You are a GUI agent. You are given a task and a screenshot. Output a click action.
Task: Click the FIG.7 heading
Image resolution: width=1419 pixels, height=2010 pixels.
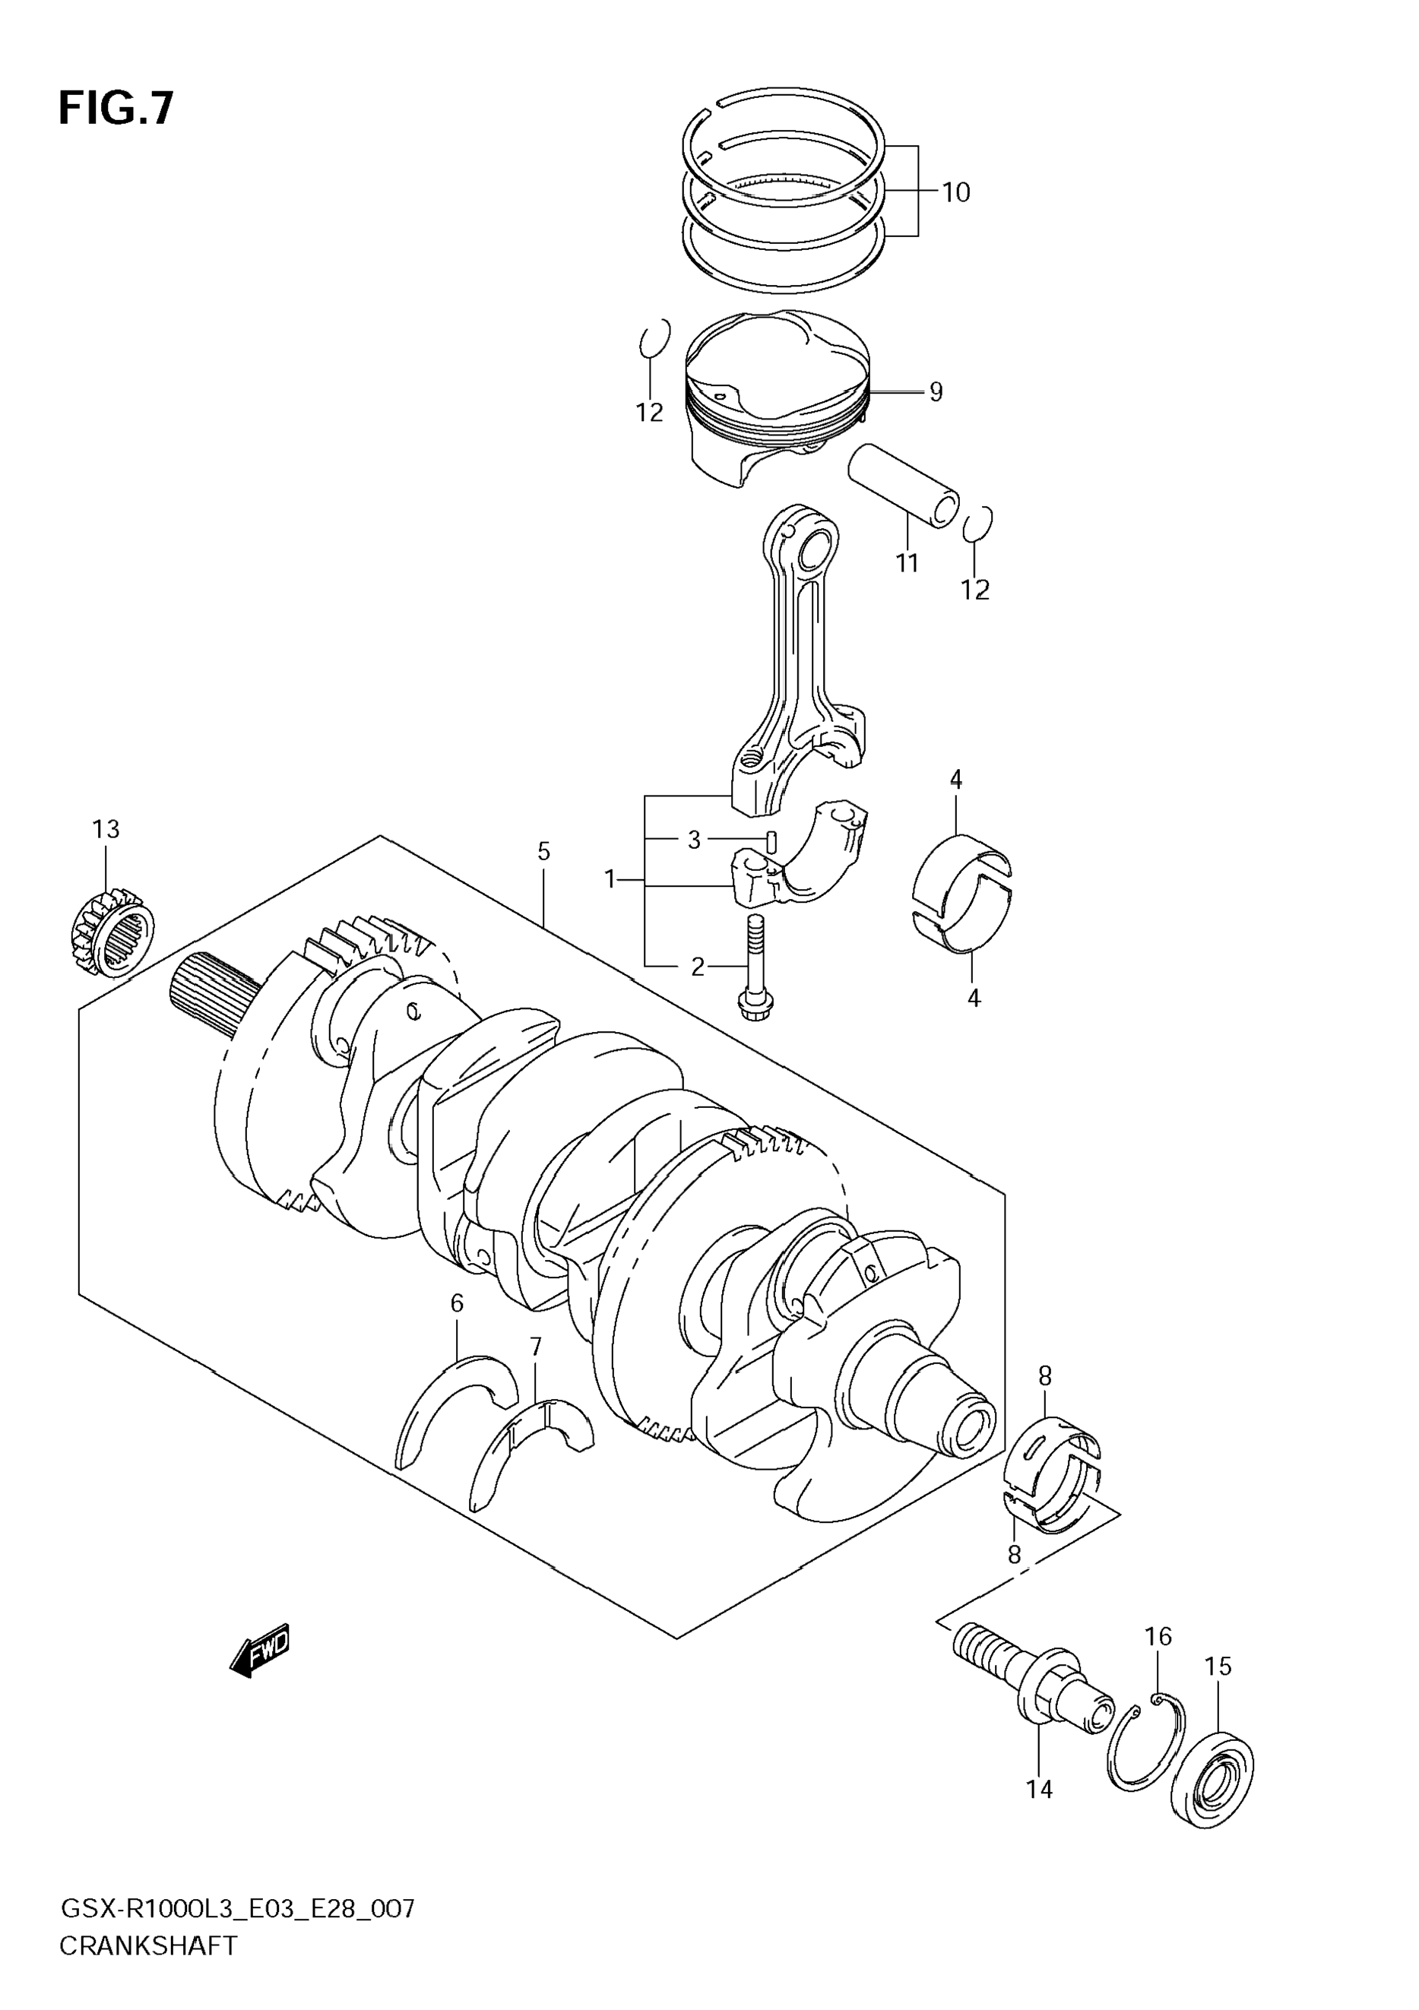point(116,109)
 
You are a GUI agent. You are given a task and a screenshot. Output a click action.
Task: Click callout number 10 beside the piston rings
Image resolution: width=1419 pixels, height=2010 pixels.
point(956,192)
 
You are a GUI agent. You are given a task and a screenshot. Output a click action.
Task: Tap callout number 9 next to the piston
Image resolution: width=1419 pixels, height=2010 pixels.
point(936,391)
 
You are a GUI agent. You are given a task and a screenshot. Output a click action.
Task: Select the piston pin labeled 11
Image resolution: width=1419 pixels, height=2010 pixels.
point(904,486)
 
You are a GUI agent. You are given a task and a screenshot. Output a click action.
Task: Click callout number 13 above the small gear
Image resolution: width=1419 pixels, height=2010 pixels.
point(106,828)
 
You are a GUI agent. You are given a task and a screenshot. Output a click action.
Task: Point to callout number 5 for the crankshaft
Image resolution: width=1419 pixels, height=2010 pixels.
point(543,851)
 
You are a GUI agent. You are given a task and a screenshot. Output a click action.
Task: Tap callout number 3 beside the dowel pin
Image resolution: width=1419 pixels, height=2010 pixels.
point(694,840)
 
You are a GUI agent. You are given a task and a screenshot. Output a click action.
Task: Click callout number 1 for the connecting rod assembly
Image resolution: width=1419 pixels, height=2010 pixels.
point(610,879)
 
